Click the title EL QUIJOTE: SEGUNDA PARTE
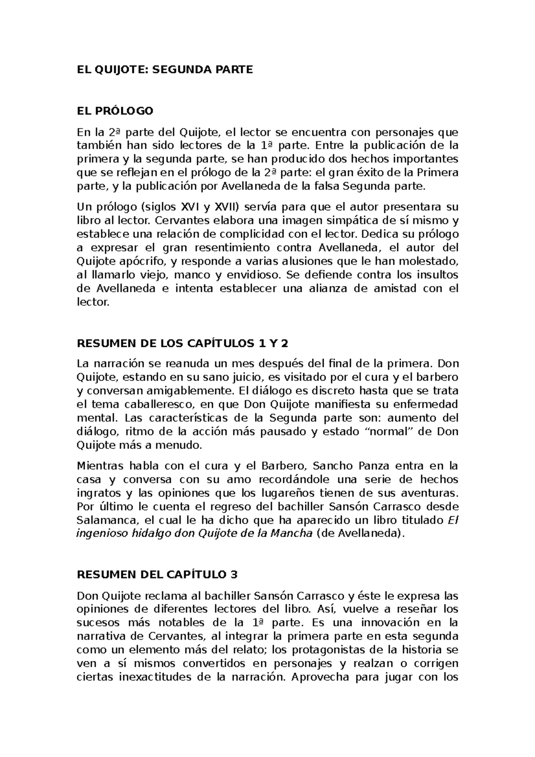pyautogui.click(x=165, y=70)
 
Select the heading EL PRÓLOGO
pyautogui.click(x=115, y=111)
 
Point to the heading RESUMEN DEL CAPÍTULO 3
pyautogui.click(x=157, y=574)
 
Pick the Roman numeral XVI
pyautogui.click(x=190, y=207)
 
